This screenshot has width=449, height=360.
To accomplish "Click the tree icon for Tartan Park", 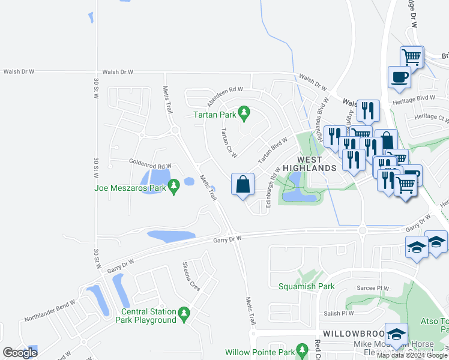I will pos(244,112).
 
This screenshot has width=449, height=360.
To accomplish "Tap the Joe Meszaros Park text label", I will pos(130,187).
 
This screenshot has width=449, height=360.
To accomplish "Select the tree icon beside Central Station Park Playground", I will pos(185,313).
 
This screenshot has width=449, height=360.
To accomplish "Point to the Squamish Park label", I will pos(306,286).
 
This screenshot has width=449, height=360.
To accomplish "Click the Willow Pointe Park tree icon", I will pos(304,352).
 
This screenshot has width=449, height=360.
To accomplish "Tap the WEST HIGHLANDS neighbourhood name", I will pos(310,164).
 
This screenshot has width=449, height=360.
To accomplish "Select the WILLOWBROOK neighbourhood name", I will pos(349,332).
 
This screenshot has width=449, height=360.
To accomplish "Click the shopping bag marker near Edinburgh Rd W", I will pos(243,184).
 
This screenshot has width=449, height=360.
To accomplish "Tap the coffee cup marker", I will pos(400,77).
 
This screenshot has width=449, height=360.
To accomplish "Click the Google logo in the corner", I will pos(20,353).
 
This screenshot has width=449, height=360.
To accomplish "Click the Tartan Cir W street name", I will pos(228,140).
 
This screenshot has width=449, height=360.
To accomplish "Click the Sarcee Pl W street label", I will pos(373,287).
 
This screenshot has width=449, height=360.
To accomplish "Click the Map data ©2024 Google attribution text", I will pos(412,355).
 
